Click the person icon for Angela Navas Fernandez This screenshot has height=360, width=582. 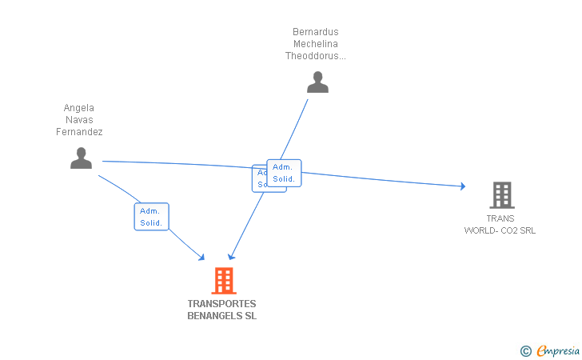[81, 158]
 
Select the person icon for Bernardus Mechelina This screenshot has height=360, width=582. [317, 82]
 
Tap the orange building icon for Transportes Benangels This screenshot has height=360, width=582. [224, 281]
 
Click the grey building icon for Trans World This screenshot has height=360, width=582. [501, 195]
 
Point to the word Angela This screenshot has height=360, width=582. [79, 108]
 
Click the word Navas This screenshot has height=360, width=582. [79, 120]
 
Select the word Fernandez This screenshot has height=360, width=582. [79, 132]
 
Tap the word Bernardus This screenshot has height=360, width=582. [317, 32]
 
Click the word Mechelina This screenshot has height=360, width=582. [317, 44]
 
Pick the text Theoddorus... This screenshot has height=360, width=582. [316, 56]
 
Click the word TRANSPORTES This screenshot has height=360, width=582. [221, 304]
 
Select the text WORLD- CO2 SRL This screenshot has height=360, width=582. [500, 230]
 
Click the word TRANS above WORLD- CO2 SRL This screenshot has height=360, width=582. [500, 218]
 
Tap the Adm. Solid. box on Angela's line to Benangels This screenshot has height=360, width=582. [151, 217]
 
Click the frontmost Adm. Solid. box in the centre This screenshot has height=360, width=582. [284, 173]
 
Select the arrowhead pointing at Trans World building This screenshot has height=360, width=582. [462, 186]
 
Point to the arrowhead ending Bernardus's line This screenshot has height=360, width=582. [230, 257]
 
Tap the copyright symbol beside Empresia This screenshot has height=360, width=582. [525, 350]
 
